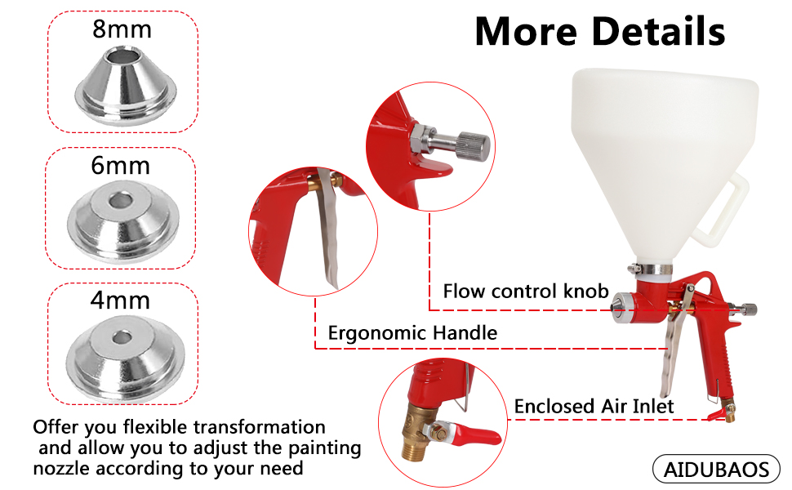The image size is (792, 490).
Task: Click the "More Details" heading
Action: (x=599, y=32)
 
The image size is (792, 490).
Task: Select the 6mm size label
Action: (x=121, y=167)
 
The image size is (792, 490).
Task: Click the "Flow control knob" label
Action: (x=526, y=292)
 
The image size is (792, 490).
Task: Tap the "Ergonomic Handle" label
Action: (x=412, y=332)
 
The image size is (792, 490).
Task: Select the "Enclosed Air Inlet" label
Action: (x=594, y=406)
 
